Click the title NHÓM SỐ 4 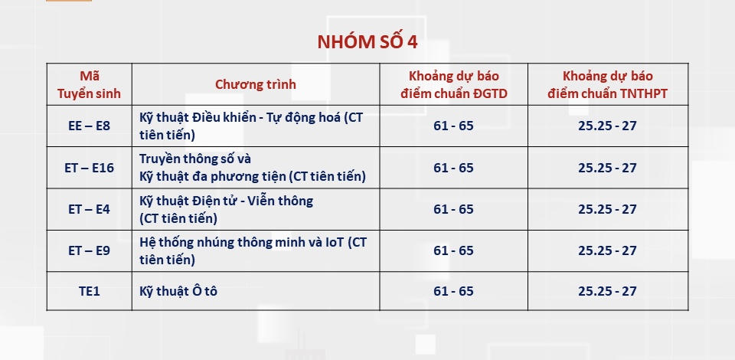click(367, 42)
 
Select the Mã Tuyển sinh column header click(89, 84)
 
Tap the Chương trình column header click(256, 84)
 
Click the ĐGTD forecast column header click(453, 84)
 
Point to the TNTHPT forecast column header click(607, 84)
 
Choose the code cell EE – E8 click(89, 126)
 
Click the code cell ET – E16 click(89, 168)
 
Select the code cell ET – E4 click(89, 209)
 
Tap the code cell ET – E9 click(89, 250)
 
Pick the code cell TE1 click(89, 291)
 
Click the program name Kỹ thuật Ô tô click(178, 291)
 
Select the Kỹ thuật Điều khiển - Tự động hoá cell click(251, 126)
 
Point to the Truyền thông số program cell click(253, 168)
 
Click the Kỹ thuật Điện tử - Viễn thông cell click(226, 209)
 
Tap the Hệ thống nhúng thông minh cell click(253, 250)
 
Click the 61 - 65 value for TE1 click(453, 291)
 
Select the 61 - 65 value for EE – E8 click(453, 126)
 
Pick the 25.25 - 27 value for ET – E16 click(607, 168)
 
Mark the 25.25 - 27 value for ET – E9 click(607, 250)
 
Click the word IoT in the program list click(334, 242)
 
